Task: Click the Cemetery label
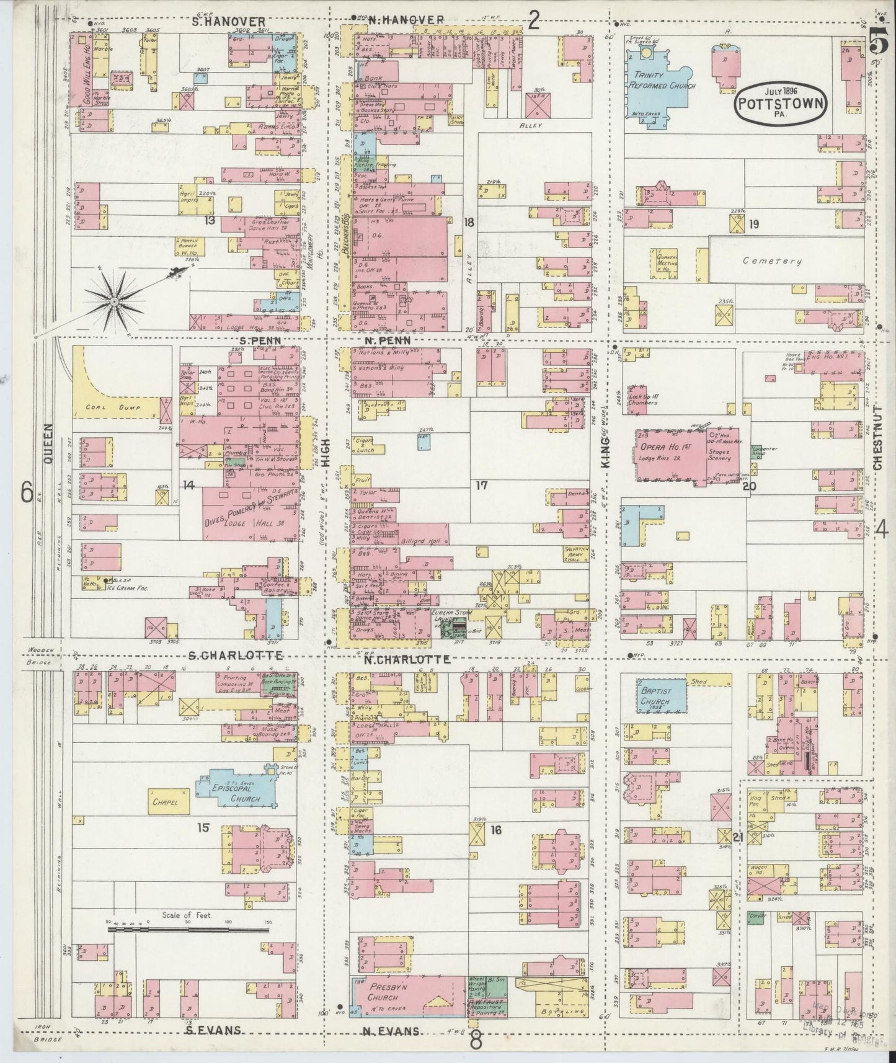(x=773, y=261)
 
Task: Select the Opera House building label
(x=659, y=448)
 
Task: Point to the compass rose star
(x=113, y=302)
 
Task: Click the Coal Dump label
(x=111, y=408)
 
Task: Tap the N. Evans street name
(x=389, y=1031)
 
